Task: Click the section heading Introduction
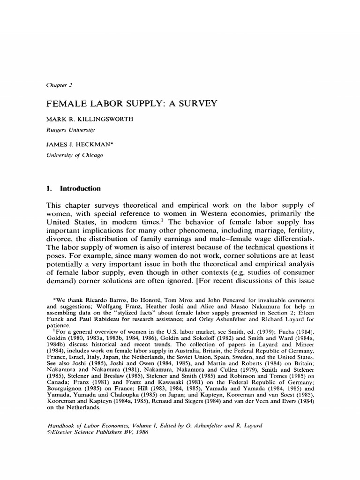click(80, 188)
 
